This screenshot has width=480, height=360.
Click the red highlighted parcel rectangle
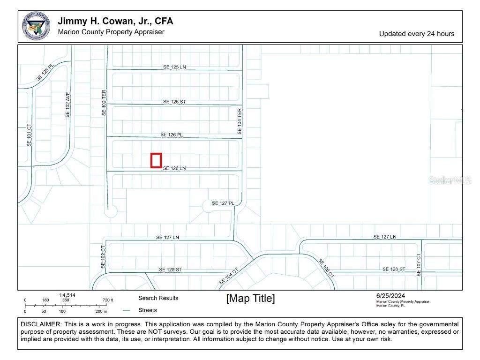156,160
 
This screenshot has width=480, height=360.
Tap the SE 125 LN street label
174,67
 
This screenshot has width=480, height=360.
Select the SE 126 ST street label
174,102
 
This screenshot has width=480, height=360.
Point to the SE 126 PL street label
172,135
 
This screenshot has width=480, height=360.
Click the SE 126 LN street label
174,168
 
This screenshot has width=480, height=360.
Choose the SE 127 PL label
223,203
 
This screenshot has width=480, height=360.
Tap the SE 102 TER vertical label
104,103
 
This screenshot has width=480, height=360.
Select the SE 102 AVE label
67,104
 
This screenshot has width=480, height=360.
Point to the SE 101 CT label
29,135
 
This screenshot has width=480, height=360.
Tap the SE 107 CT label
419,264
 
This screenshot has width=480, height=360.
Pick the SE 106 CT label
326,268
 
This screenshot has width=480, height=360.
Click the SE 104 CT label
229,276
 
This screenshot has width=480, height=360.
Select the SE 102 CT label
103,257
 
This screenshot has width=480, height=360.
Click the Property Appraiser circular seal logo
36,26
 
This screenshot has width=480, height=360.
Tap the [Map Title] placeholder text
250,299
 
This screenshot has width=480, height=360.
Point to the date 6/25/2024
390,295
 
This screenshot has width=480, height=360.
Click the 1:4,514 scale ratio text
67,295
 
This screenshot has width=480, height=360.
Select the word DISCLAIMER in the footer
41,324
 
